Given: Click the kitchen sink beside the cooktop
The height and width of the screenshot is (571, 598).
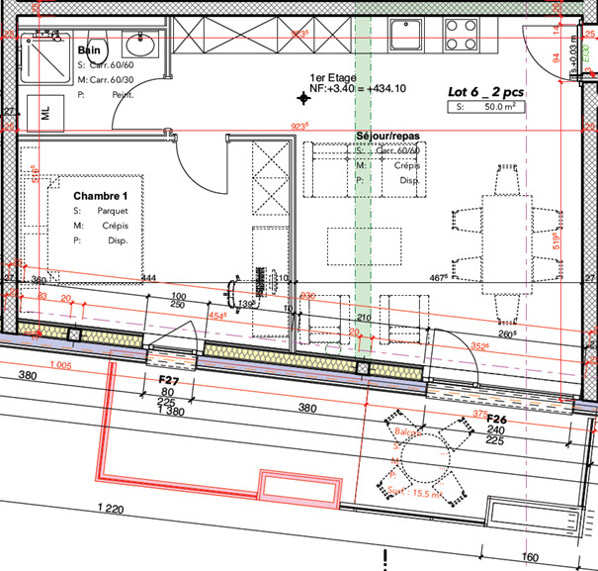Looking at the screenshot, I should (x=405, y=35).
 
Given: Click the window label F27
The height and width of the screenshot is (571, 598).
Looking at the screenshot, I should (x=168, y=379).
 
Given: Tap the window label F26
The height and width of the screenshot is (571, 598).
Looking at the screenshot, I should (x=497, y=419).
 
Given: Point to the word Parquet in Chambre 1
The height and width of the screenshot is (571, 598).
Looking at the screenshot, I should (x=113, y=211).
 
